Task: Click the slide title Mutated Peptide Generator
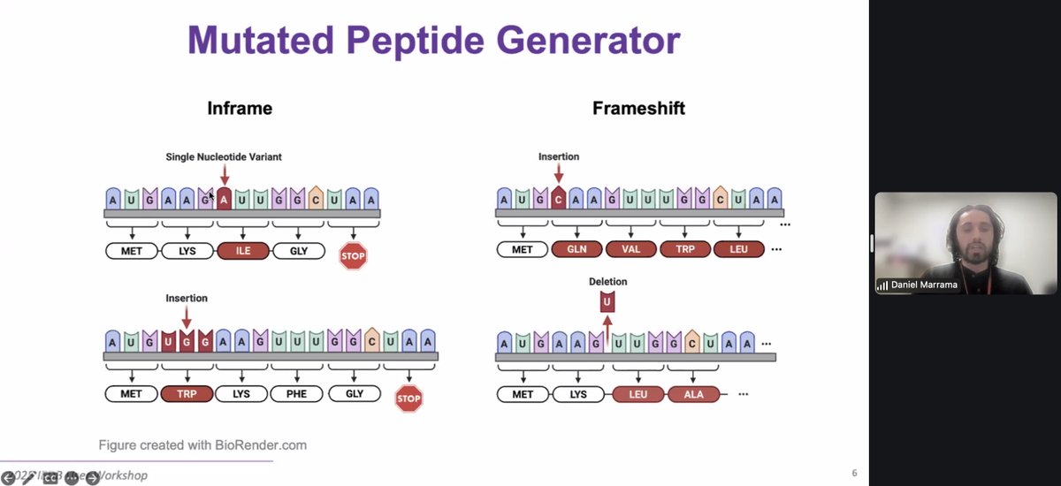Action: point(433,40)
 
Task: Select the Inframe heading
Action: point(239,109)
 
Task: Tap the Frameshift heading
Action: point(639,109)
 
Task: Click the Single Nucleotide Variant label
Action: point(224,157)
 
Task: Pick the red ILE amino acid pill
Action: point(243,251)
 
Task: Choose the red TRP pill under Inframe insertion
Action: point(187,393)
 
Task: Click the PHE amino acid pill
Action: point(296,393)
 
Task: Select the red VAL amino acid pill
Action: point(631,249)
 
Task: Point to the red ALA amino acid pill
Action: point(694,394)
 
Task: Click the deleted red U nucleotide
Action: point(607,303)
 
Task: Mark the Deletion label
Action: point(607,282)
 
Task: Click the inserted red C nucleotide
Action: point(559,200)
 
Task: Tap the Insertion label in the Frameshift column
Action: point(559,157)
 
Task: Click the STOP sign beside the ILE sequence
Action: point(353,256)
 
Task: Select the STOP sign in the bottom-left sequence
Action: point(408,399)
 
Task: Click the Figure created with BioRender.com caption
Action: point(202,445)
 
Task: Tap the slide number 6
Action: point(854,474)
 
